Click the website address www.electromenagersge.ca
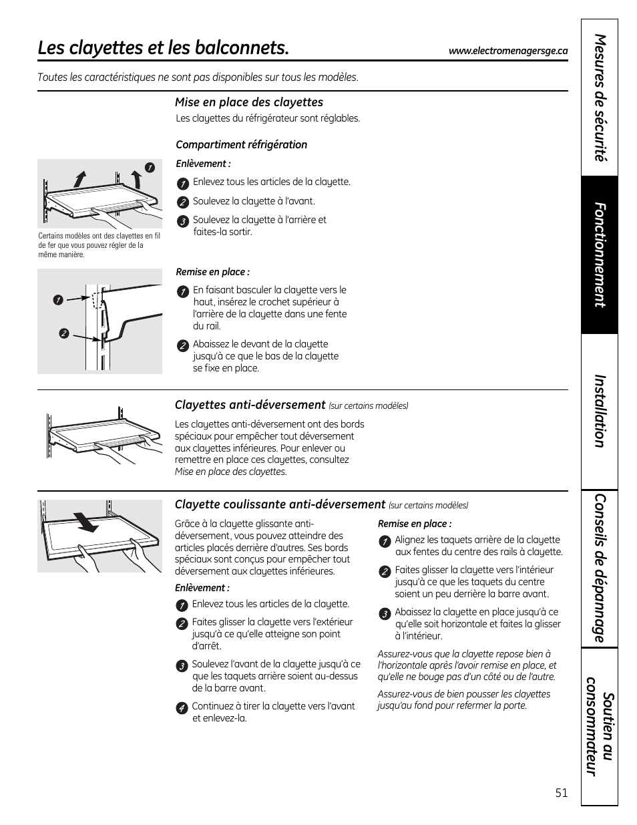click(x=508, y=51)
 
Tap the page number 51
click(x=562, y=793)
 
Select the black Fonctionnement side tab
click(x=600, y=255)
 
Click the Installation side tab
click(x=600, y=411)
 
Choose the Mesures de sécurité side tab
click(x=600, y=98)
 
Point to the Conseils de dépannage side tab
click(x=600, y=568)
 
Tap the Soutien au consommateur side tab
click(x=600, y=726)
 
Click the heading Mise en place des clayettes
click(x=249, y=102)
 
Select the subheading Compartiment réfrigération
click(x=241, y=145)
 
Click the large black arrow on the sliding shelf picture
click(x=86, y=522)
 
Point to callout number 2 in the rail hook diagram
click(x=63, y=334)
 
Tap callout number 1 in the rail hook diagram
click(x=58, y=300)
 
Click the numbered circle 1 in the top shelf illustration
click(x=150, y=168)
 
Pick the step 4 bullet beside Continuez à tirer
click(x=182, y=708)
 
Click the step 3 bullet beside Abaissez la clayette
click(x=385, y=614)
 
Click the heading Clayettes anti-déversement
click(x=250, y=405)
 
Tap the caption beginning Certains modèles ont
click(x=99, y=245)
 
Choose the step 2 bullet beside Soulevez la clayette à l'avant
click(x=183, y=202)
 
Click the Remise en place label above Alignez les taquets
click(x=415, y=524)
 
